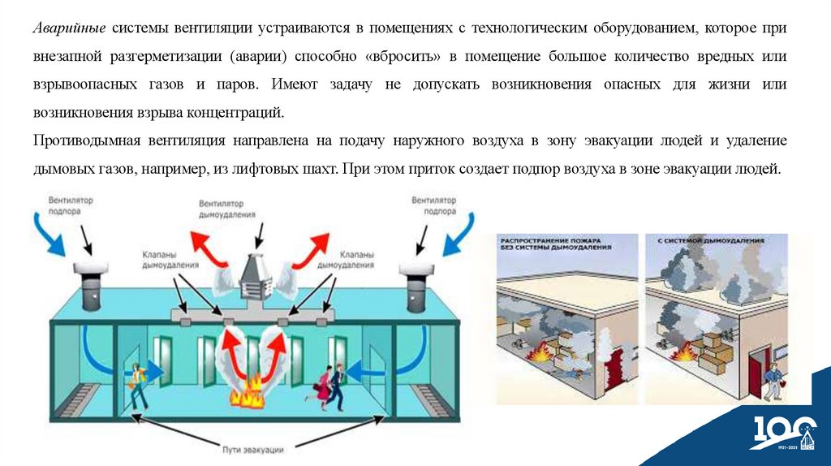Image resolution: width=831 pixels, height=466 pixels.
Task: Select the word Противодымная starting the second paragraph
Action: tap(86, 140)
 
